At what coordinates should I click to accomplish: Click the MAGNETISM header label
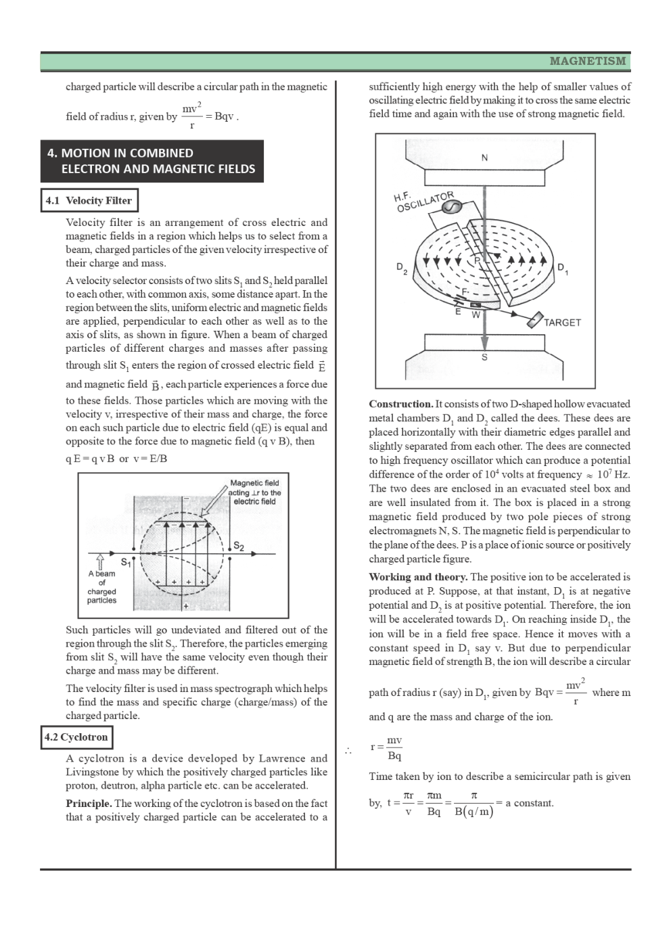[587, 62]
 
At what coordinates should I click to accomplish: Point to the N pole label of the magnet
[484, 158]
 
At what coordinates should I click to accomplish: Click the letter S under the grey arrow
[484, 358]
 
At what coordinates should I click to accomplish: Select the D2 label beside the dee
[402, 268]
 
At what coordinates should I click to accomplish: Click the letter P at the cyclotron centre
[476, 260]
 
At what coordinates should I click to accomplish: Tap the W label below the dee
[476, 315]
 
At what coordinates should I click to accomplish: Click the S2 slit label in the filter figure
[238, 547]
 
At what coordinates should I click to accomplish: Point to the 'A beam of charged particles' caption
[102, 586]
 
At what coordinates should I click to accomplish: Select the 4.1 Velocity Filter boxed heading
[89, 200]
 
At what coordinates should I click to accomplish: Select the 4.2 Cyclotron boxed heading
[76, 737]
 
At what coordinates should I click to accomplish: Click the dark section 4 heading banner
[152, 161]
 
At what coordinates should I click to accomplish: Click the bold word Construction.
[400, 404]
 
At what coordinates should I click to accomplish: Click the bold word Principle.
[89, 804]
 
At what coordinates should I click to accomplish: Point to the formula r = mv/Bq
[387, 748]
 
